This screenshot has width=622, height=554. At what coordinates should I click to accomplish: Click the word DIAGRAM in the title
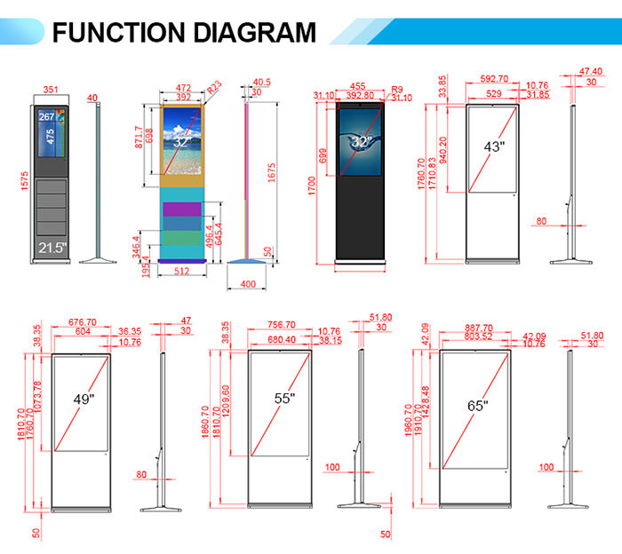click(252, 32)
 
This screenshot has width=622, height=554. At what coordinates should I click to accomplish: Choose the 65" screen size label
click(478, 405)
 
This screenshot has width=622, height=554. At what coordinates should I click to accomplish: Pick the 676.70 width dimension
click(83, 323)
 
